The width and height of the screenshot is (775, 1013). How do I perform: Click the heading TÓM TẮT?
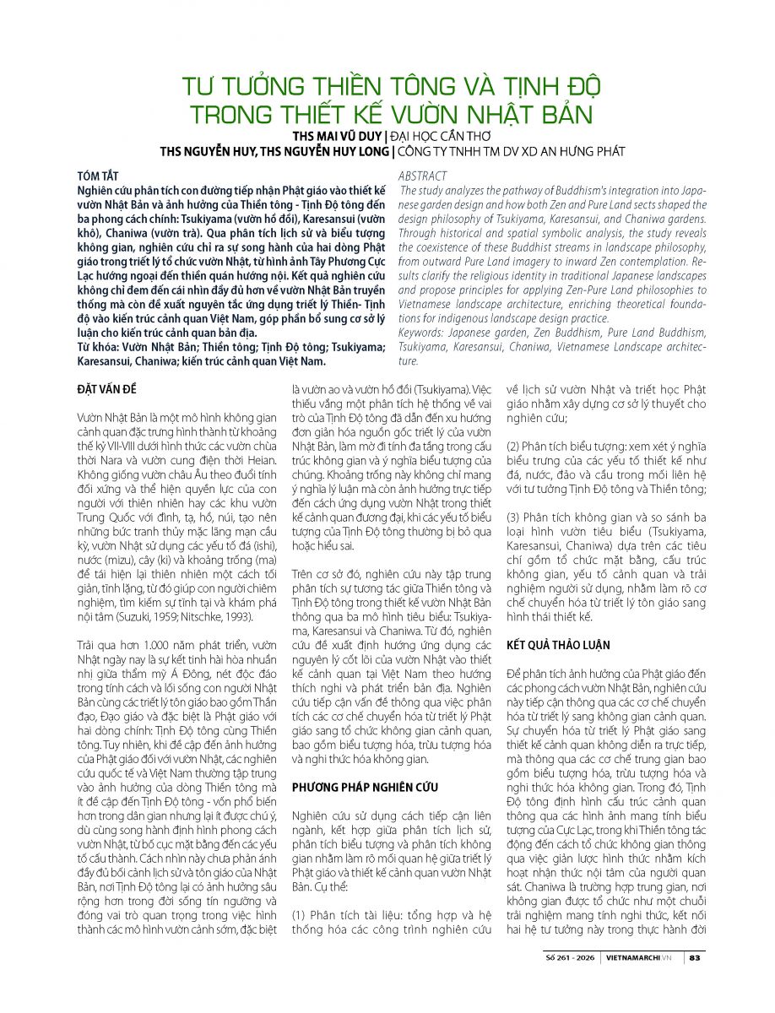tap(95, 176)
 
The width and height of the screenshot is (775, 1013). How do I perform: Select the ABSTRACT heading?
tap(423, 176)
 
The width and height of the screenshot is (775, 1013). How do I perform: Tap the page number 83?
tap(695, 957)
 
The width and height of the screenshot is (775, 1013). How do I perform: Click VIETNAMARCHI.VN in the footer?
tap(642, 957)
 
